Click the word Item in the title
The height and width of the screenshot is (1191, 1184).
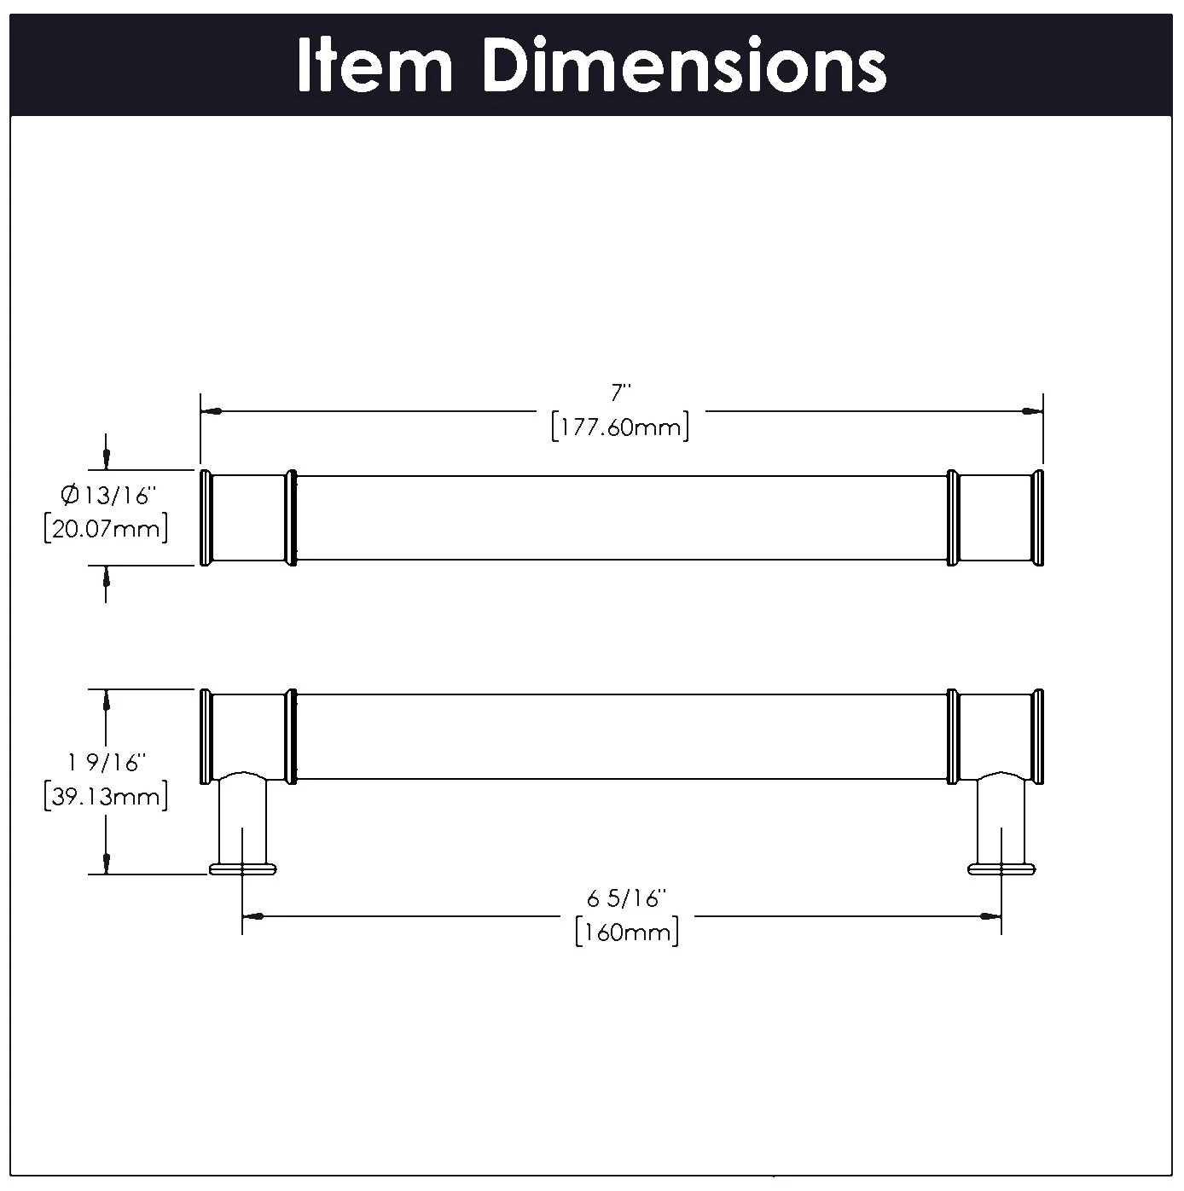tap(374, 65)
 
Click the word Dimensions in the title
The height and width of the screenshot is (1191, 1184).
tap(684, 65)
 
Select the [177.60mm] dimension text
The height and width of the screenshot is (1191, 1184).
tap(620, 426)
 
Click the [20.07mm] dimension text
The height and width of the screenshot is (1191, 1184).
tap(106, 529)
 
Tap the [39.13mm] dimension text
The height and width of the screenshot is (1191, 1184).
tap(106, 797)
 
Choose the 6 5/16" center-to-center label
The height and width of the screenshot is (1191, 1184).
tap(625, 898)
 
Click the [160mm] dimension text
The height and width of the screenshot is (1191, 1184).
tap(627, 932)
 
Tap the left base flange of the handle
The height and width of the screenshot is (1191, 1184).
tap(243, 869)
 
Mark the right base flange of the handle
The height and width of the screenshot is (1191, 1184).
tap(1001, 869)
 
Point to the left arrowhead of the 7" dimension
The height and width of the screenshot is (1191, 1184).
tap(212, 411)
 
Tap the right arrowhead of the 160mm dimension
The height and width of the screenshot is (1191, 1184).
tap(990, 916)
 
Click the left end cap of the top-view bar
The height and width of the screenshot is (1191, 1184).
tap(205, 517)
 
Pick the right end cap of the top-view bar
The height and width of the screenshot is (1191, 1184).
tap(1038, 517)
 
